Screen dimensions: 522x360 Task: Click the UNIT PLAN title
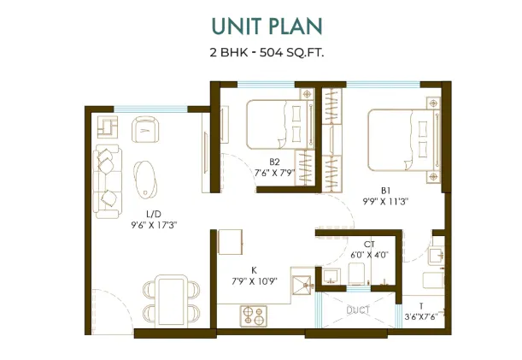267,26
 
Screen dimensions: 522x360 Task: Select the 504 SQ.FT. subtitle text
291,52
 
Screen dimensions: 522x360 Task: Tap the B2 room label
274,162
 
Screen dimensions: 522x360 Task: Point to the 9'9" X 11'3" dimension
385,202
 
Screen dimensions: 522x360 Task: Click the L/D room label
154,214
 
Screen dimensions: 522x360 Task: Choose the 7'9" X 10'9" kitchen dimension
255,281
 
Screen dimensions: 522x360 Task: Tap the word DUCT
358,310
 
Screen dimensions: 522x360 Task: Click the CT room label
370,245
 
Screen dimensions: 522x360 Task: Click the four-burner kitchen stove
254,316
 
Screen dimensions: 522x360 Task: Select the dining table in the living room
172,299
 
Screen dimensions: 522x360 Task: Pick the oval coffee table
144,180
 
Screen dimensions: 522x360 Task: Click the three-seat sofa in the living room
107,181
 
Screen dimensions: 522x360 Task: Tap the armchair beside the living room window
145,129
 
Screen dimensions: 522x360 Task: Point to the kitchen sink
302,286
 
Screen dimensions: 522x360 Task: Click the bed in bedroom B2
279,124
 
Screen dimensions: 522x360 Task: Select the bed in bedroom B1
404,140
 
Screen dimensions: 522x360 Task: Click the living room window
151,109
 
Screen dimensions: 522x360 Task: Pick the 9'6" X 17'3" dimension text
154,226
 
